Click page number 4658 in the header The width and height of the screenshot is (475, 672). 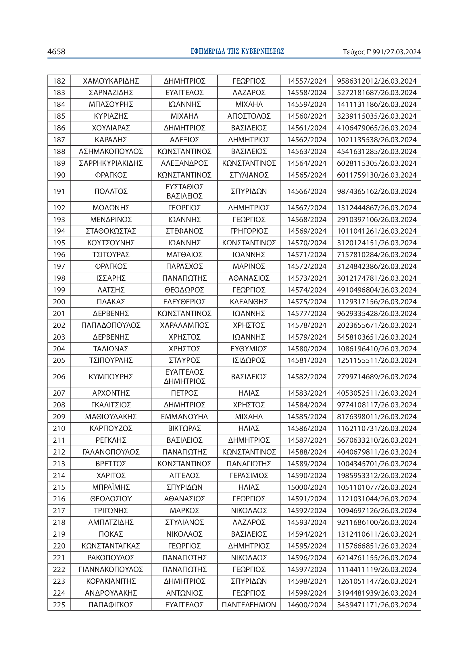(x=56, y=51)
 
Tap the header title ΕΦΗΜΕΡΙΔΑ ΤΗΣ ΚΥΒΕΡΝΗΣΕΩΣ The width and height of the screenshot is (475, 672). (x=237, y=51)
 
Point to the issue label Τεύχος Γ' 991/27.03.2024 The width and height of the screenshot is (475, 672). (x=382, y=52)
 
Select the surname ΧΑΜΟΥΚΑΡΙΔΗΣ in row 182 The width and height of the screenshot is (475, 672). (x=111, y=81)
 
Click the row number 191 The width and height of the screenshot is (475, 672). (x=59, y=191)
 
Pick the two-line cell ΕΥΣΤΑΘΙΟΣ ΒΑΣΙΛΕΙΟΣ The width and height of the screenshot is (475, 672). (x=184, y=191)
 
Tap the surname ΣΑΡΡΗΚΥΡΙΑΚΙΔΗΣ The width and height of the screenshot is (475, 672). (x=111, y=163)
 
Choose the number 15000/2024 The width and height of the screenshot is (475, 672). (x=306, y=487)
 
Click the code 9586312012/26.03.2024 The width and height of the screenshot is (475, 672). (x=377, y=81)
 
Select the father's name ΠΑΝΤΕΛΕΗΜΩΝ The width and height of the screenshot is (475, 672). (x=249, y=604)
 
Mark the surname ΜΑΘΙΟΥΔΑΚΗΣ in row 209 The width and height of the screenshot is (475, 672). (x=111, y=417)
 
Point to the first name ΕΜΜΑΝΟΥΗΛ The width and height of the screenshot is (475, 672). (x=184, y=417)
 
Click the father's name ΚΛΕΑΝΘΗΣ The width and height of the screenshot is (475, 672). (x=249, y=301)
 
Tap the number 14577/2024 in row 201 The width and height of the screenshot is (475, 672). (x=306, y=313)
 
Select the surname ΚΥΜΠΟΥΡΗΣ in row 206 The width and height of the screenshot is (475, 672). (x=111, y=376)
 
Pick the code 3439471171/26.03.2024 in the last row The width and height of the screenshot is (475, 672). (x=377, y=604)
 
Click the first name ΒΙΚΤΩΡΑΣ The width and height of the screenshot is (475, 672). (x=184, y=428)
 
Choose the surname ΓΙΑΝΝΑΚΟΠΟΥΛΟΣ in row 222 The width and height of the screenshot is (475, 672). (x=111, y=569)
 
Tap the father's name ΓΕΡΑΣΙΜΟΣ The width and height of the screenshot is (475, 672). (x=249, y=475)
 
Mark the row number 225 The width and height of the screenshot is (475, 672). (x=59, y=604)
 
